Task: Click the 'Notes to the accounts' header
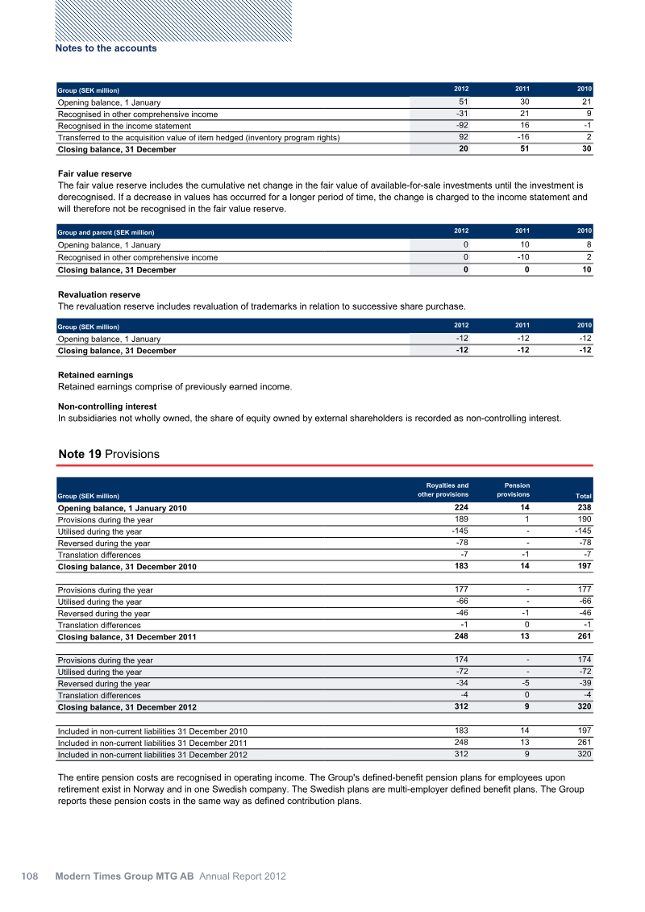pos(106,48)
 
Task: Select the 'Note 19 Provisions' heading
pos(109,455)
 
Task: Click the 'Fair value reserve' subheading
pos(95,174)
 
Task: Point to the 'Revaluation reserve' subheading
pos(99,295)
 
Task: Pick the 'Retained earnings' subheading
pos(95,375)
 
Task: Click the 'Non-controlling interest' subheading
pos(107,406)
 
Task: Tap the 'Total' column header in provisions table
pos(583,496)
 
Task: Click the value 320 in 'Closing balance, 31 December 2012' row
pos(585,707)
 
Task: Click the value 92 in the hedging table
pos(463,138)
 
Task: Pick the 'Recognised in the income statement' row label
pos(124,126)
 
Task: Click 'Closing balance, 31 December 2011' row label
pos(127,637)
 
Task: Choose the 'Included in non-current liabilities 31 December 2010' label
pos(152,731)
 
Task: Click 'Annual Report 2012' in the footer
pos(243,876)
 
